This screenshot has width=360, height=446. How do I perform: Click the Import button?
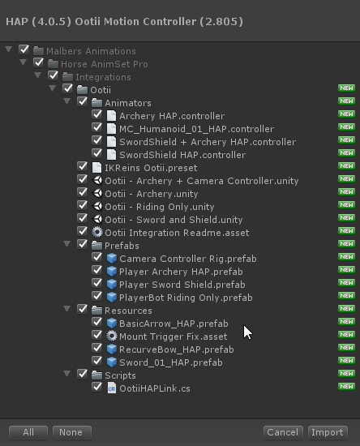328,432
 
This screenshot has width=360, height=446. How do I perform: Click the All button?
28,432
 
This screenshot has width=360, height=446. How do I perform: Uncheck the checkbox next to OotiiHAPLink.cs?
97,387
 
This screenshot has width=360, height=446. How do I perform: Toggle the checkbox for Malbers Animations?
24,49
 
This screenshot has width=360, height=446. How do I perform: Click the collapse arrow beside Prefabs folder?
67,244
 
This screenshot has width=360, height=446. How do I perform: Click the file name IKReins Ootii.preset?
151,168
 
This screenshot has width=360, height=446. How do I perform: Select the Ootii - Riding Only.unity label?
159,207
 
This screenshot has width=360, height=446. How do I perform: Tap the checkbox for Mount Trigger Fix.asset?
97,336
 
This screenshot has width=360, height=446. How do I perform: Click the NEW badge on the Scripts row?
346,374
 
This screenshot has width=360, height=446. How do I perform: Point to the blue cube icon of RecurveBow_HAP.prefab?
111,350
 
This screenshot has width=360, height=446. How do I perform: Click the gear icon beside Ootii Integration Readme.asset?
97,233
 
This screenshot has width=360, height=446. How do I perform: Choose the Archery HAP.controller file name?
172,116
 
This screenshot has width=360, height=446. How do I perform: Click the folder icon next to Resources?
96,311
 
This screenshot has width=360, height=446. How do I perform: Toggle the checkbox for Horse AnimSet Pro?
38,63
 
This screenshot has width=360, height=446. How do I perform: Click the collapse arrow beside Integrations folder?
38,75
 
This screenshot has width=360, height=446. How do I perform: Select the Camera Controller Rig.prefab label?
188,259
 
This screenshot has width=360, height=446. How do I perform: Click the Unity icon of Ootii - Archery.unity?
97,194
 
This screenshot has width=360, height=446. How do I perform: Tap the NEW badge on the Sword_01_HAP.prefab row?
346,360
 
